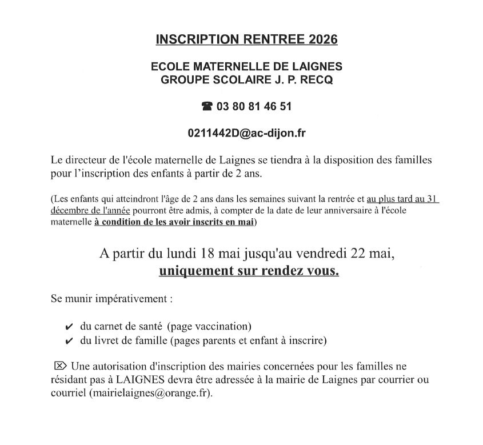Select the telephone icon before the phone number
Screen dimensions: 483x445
[207, 107]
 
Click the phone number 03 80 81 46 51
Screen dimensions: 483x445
[254, 107]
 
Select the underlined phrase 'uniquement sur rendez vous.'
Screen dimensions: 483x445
[249, 271]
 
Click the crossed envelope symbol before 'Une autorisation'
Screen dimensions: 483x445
[59, 365]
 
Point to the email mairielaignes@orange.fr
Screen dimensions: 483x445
[150, 394]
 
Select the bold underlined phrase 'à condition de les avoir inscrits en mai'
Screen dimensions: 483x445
[174, 223]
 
